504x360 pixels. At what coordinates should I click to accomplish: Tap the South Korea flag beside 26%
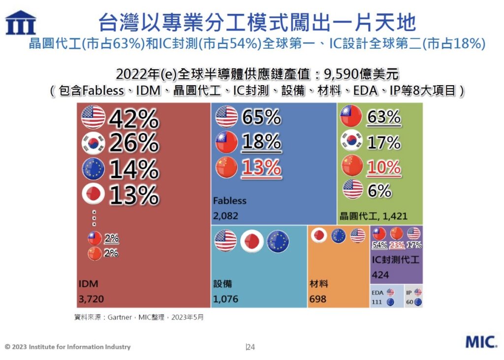(93, 143)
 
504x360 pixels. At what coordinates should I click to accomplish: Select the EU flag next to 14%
(93, 169)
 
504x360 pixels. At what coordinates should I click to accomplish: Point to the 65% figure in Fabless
(261, 117)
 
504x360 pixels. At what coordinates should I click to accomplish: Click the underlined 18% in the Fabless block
(261, 143)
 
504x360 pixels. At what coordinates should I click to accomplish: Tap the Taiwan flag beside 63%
(351, 117)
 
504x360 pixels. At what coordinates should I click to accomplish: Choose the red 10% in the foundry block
(384, 167)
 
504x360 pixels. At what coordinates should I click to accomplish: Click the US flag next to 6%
(352, 190)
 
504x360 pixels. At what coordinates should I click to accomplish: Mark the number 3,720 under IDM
(91, 298)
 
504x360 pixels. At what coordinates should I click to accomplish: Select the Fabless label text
(230, 201)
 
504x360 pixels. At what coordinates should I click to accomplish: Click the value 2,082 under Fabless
(225, 215)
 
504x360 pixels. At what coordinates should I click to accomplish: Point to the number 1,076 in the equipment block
(225, 298)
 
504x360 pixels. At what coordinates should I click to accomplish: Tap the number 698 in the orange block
(318, 298)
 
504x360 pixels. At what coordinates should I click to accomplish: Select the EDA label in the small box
(378, 292)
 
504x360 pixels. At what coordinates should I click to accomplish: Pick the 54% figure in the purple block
(380, 245)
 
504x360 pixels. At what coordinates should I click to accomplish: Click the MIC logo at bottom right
(481, 342)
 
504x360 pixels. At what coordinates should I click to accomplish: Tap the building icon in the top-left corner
(20, 22)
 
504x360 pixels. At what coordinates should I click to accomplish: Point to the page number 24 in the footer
(251, 347)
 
